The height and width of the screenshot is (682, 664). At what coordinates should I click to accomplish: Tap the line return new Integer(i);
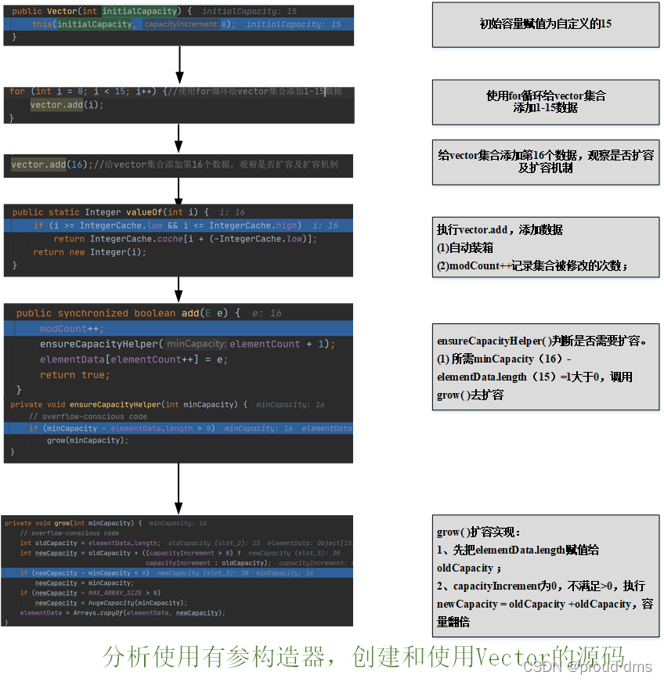tap(89, 252)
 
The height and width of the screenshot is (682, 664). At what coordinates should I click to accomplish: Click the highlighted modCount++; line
tap(71, 329)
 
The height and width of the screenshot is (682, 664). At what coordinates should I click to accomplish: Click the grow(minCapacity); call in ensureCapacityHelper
tap(87, 440)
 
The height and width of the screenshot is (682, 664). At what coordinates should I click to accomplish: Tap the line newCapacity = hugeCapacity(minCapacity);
tap(110, 603)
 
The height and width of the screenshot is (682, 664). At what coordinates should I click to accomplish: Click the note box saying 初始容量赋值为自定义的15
tap(545, 24)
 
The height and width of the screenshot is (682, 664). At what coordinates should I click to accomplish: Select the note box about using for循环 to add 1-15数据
tap(545, 102)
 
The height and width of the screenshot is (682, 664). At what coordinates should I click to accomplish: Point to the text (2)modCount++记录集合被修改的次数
tap(532, 266)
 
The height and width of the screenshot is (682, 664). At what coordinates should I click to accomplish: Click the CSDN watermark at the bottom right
tap(588, 666)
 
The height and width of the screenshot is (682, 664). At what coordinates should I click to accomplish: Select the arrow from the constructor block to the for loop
tap(179, 64)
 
